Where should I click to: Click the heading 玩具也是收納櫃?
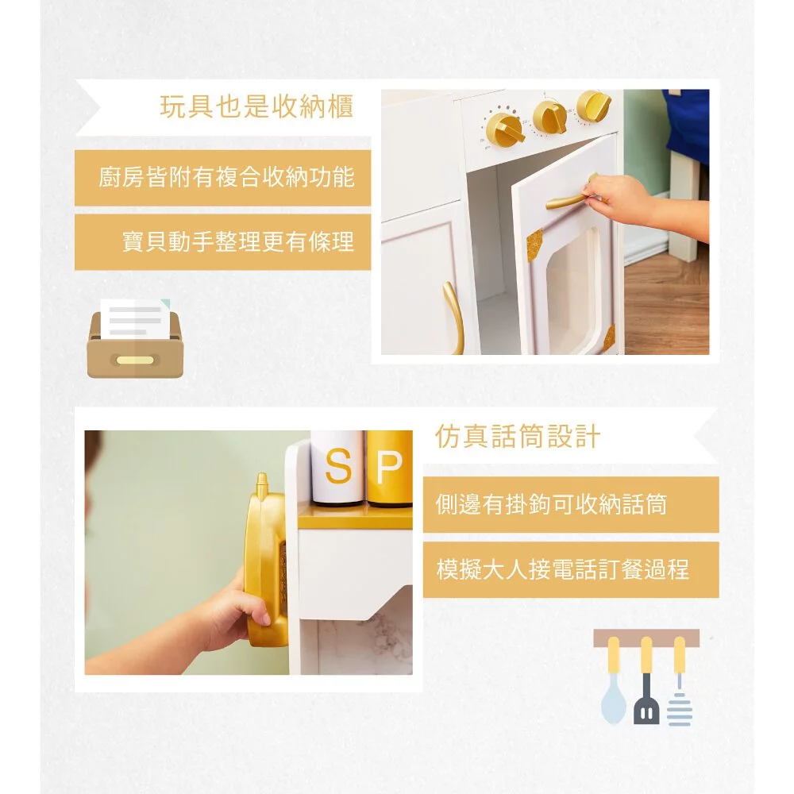pos(256,107)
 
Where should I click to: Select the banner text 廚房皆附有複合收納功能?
pos(226,177)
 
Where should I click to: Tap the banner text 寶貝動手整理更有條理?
pos(238,241)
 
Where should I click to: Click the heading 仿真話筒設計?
pos(518,437)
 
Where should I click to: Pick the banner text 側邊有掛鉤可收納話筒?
pos(551,504)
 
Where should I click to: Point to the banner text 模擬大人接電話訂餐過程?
pos(563,569)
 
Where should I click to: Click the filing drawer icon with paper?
pos(135,338)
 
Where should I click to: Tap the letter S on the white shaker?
pos(338,466)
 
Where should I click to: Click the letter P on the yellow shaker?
pos(389,466)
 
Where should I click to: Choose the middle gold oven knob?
pos(551,118)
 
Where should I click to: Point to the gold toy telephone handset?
pos(266,560)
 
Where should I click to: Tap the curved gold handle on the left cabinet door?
pos(455,317)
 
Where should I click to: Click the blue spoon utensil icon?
pos(614,680)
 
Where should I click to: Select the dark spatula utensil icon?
pos(646,680)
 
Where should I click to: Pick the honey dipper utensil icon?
pos(680,681)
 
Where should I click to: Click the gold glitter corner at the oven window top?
pos(534,245)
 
